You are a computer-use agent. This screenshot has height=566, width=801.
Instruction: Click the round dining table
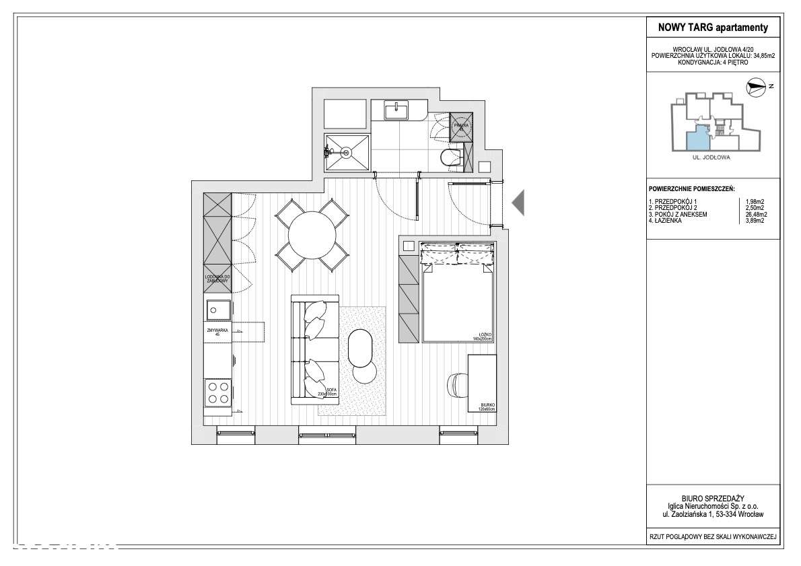[312, 235]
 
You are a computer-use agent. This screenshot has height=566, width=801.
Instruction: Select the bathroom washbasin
[396, 109]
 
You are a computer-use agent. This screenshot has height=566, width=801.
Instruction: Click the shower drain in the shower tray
[347, 153]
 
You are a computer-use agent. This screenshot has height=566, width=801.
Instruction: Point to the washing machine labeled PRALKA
[462, 126]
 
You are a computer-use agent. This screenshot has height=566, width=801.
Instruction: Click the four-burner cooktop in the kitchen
[218, 392]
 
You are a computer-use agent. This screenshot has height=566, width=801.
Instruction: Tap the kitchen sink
[218, 310]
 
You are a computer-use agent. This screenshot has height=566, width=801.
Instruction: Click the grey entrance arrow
[518, 203]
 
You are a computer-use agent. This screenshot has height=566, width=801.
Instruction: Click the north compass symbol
[756, 87]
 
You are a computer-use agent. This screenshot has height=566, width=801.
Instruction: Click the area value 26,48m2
[757, 215]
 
